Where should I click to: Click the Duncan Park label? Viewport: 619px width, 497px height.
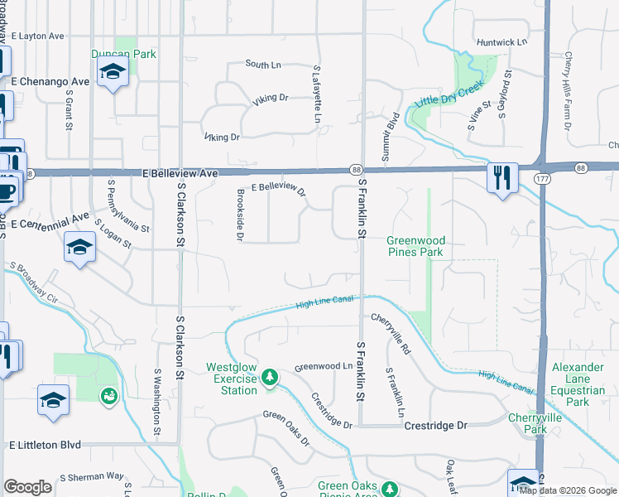(x=123, y=55)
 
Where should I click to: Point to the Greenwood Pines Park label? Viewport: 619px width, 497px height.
(x=415, y=246)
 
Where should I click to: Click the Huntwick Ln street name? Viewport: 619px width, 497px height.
(x=501, y=41)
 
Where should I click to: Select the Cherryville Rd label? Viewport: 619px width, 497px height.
(x=391, y=322)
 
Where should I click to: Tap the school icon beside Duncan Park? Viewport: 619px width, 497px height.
(x=112, y=72)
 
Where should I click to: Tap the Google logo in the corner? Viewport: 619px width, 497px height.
(x=27, y=487)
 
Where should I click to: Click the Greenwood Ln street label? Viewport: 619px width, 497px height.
(x=324, y=366)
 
